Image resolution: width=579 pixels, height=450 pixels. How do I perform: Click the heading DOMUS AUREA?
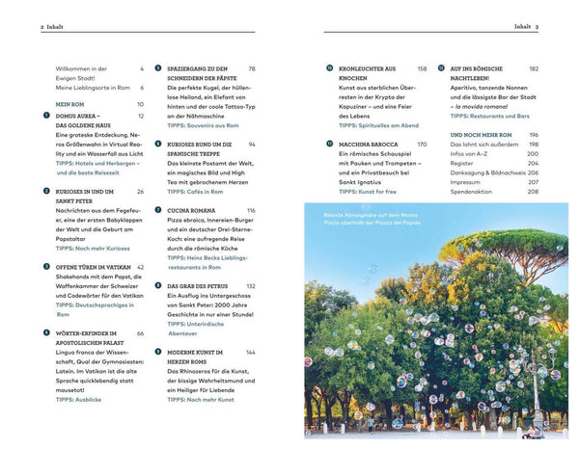pos(80,116)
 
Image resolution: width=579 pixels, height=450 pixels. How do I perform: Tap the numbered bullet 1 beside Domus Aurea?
pos(46,116)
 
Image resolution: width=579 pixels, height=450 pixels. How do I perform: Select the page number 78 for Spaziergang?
pos(252,69)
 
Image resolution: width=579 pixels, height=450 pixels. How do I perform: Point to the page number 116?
pos(250,210)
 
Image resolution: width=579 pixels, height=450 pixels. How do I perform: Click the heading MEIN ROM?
pos(70,103)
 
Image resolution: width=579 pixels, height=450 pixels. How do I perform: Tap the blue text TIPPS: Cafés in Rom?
pos(198,191)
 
